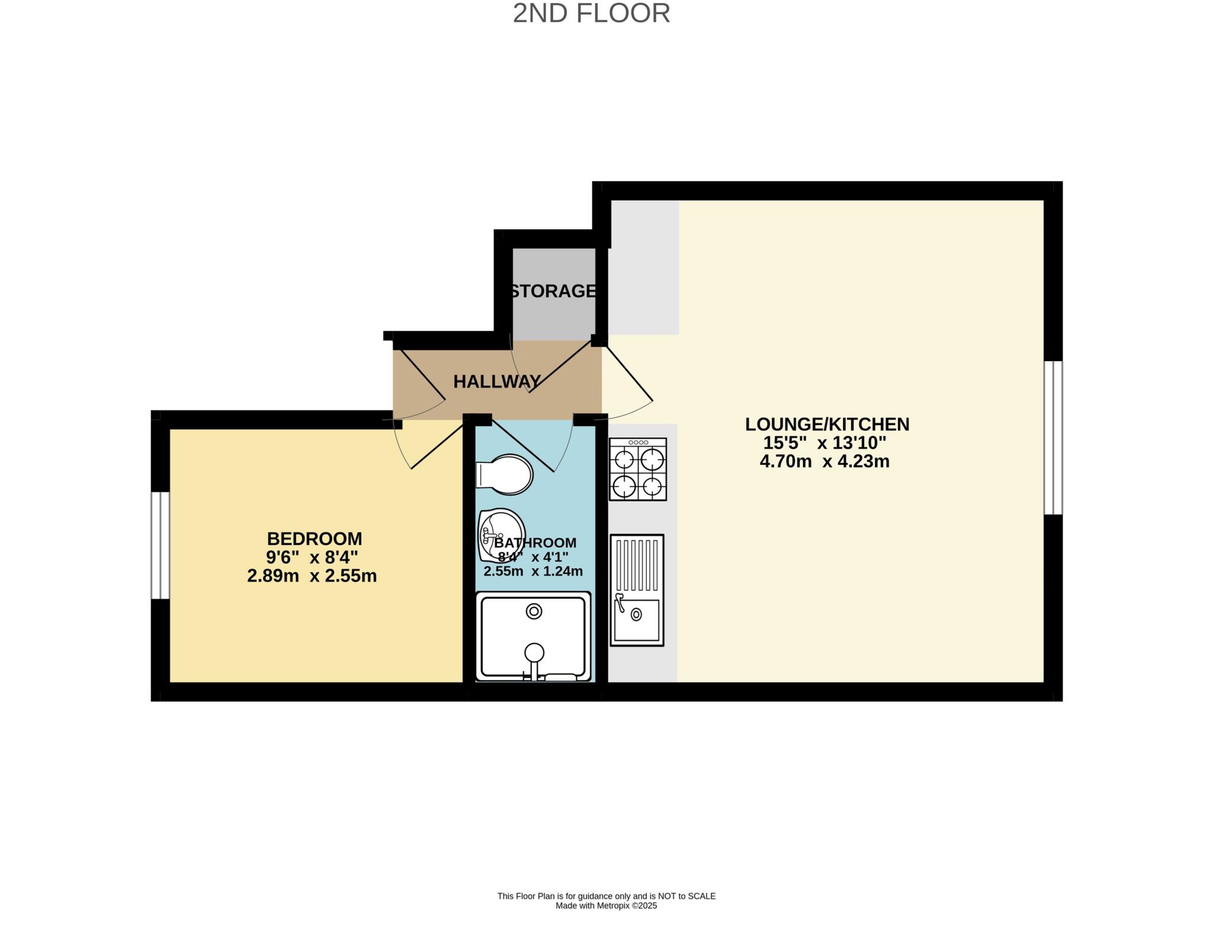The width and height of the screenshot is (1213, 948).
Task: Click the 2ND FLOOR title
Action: click(591, 13)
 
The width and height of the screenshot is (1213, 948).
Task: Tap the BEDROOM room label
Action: click(315, 539)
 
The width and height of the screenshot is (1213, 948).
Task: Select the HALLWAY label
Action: click(498, 382)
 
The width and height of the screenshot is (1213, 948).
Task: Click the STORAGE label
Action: click(553, 291)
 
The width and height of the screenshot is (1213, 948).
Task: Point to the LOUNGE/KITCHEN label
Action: click(827, 424)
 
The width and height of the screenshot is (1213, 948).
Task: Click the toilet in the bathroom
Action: click(504, 474)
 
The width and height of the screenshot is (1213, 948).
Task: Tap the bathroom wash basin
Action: click(502, 535)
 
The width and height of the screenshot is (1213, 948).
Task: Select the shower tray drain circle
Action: click(534, 611)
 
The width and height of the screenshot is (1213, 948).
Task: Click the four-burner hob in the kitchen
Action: click(638, 469)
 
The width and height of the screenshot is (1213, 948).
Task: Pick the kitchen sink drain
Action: click(636, 614)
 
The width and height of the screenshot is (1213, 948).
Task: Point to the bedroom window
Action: click(160, 545)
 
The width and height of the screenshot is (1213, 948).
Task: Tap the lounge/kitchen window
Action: click(1053, 438)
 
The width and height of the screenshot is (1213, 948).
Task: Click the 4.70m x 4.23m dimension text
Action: click(824, 461)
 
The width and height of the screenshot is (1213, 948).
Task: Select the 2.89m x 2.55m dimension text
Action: click(312, 576)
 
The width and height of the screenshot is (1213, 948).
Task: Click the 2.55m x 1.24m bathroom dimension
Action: click(533, 571)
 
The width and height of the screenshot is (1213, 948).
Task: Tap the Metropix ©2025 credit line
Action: click(606, 905)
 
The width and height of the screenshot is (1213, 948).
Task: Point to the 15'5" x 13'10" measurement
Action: click(824, 442)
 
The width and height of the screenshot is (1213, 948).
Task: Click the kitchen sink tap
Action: click(620, 602)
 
